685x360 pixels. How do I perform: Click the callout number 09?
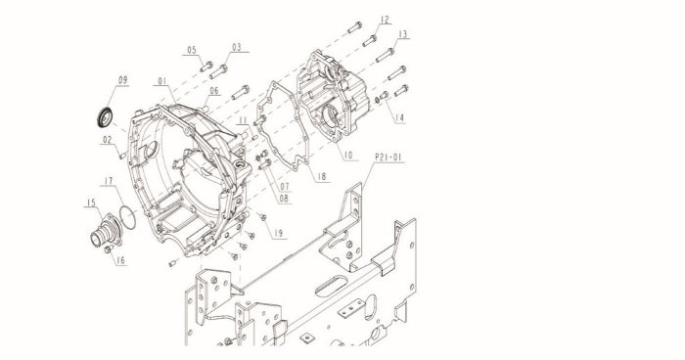pyautogui.click(x=122, y=80)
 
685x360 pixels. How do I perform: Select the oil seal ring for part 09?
pyautogui.click(x=105, y=116)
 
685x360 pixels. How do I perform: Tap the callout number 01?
pyautogui.click(x=162, y=81)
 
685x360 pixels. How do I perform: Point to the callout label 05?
pyautogui.click(x=192, y=50)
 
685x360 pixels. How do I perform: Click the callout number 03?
pyautogui.click(x=237, y=47)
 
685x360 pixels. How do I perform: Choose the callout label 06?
pyautogui.click(x=214, y=91)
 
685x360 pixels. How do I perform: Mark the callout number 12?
pyautogui.click(x=385, y=20)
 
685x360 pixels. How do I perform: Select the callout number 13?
pyautogui.click(x=403, y=34)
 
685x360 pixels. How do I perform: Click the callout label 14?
pyautogui.click(x=399, y=118)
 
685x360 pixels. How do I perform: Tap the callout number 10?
pyautogui.click(x=348, y=156)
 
